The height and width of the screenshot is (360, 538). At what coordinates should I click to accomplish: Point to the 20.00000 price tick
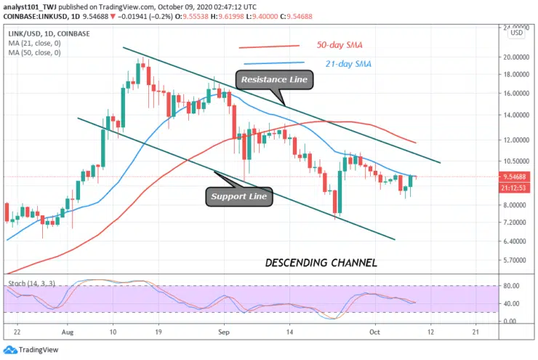click(515, 57)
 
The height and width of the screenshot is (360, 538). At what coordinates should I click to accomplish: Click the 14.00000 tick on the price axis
click(515, 115)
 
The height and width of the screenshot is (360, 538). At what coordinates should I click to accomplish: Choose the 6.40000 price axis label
click(515, 241)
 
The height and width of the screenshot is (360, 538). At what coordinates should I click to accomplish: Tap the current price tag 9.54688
click(515, 176)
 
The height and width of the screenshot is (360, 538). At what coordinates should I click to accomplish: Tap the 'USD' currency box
click(516, 32)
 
